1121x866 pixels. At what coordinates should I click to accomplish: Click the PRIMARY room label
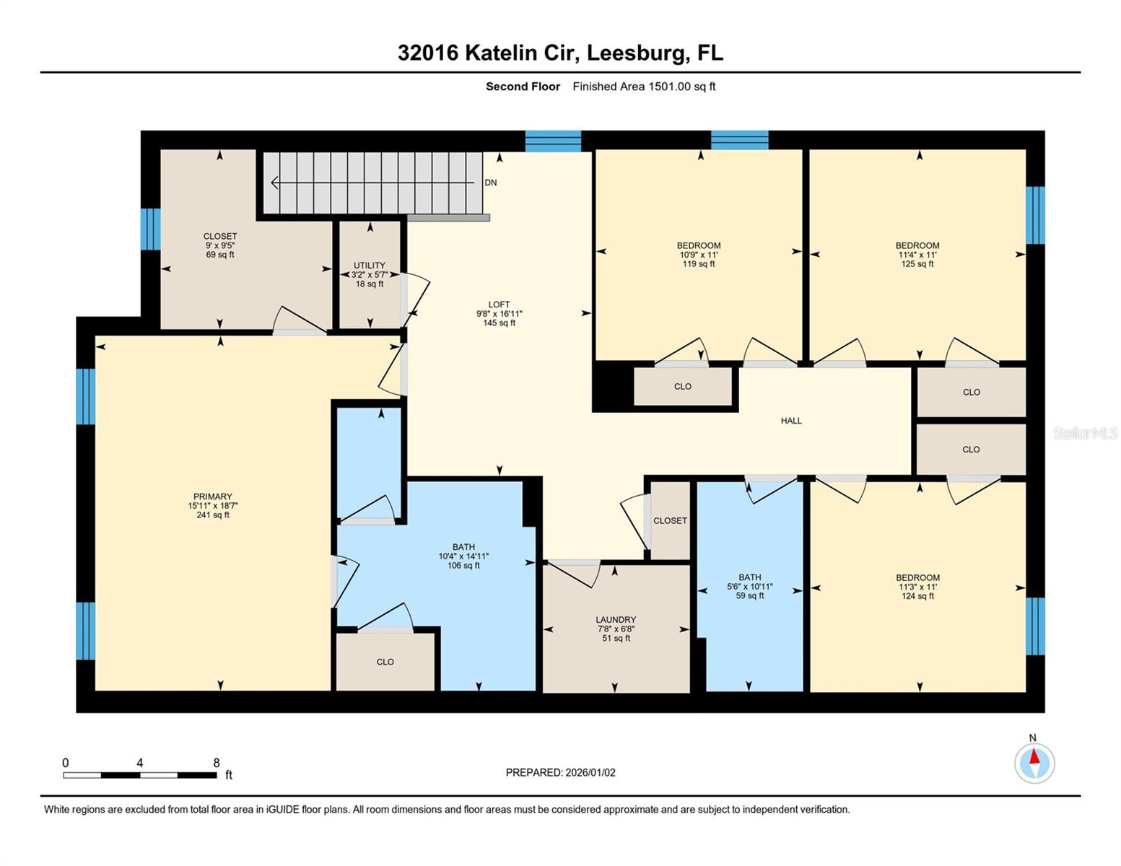(x=212, y=497)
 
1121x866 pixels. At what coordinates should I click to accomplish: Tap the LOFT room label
(x=499, y=305)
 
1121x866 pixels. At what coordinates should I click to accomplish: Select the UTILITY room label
(x=369, y=266)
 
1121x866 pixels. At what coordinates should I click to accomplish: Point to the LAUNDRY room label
(x=616, y=620)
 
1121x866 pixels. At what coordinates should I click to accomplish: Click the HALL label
(x=791, y=421)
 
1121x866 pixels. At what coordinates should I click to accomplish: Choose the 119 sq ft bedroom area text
(x=698, y=264)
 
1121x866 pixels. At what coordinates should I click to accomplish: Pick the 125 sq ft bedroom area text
(x=917, y=264)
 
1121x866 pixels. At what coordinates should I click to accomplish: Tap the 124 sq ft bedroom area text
(x=917, y=596)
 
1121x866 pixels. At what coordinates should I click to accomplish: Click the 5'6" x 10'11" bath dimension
(x=749, y=587)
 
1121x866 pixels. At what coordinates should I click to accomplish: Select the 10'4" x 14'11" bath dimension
(x=463, y=556)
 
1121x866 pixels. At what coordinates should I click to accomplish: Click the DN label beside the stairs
(x=491, y=183)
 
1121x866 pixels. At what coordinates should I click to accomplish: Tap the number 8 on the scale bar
(x=216, y=763)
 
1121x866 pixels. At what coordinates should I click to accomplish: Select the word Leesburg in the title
(x=636, y=53)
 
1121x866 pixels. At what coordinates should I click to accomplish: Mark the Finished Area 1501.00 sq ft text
(x=644, y=87)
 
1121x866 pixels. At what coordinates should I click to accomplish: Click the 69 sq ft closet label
(x=220, y=255)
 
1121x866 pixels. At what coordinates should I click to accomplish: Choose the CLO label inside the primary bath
(x=385, y=662)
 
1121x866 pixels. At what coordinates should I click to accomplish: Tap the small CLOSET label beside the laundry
(x=670, y=520)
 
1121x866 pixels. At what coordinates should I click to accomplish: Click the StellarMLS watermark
(x=1084, y=433)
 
